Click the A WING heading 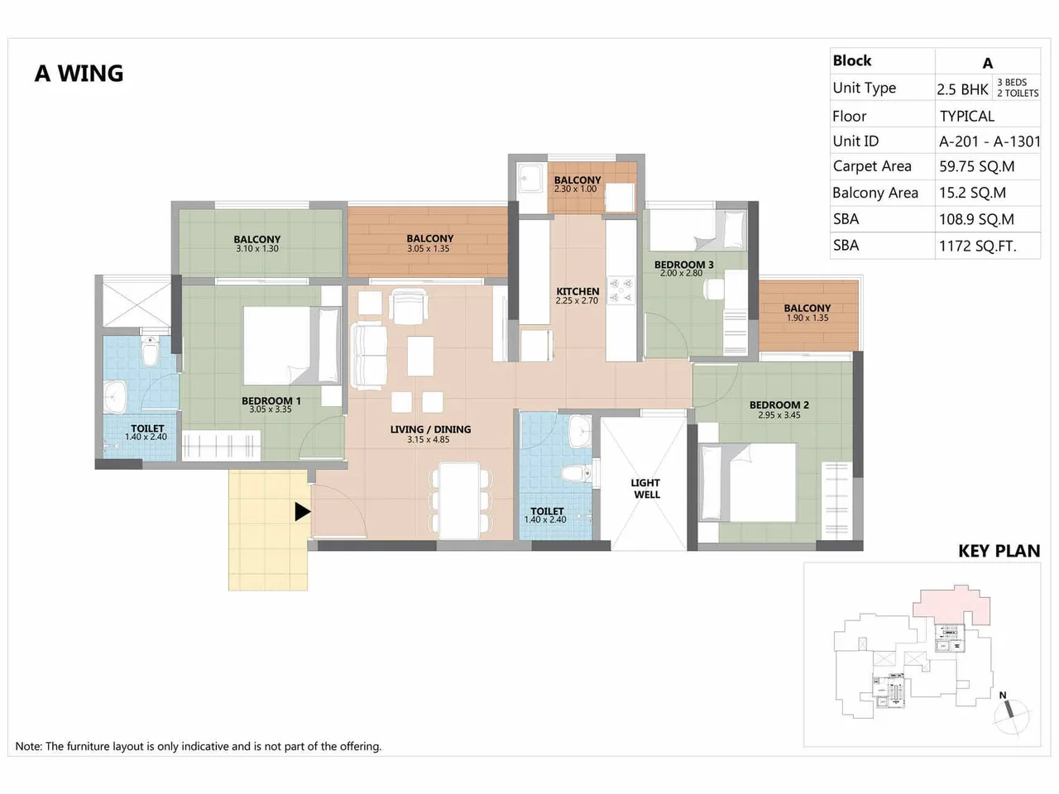tap(79, 74)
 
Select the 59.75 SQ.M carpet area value tap(976, 166)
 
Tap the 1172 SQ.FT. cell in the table tap(977, 246)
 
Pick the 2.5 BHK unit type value tap(962, 89)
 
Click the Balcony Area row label tap(875, 193)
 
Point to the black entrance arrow tap(303, 512)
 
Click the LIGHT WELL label tap(646, 489)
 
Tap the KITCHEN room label tap(577, 292)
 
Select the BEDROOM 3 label tap(683, 265)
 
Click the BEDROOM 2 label tap(779, 405)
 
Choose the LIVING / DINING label tap(430, 429)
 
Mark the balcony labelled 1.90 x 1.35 tap(807, 313)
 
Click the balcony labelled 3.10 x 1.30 tap(256, 243)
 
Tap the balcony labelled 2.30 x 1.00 tap(577, 184)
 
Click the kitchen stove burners tap(621, 289)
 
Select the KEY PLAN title tap(999, 551)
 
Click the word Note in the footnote tap(28, 746)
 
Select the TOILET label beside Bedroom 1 tap(147, 428)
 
